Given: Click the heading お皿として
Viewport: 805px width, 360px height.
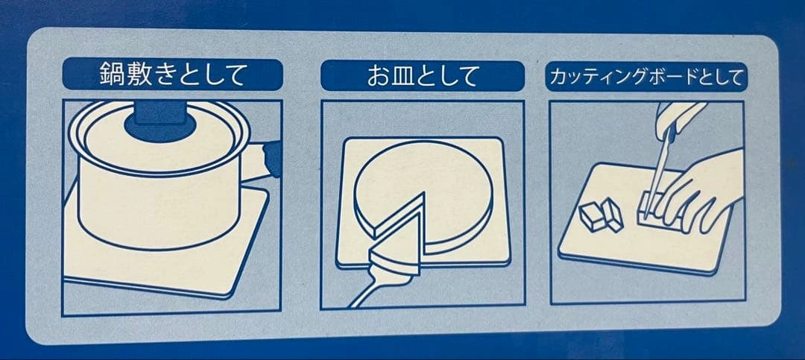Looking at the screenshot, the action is pyautogui.click(x=423, y=76).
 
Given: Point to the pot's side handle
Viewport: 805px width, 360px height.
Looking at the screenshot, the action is pyautogui.click(x=264, y=161).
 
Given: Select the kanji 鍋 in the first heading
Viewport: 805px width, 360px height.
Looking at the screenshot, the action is pyautogui.click(x=112, y=75).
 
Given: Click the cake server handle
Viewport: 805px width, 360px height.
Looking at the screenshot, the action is pyautogui.click(x=376, y=291).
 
